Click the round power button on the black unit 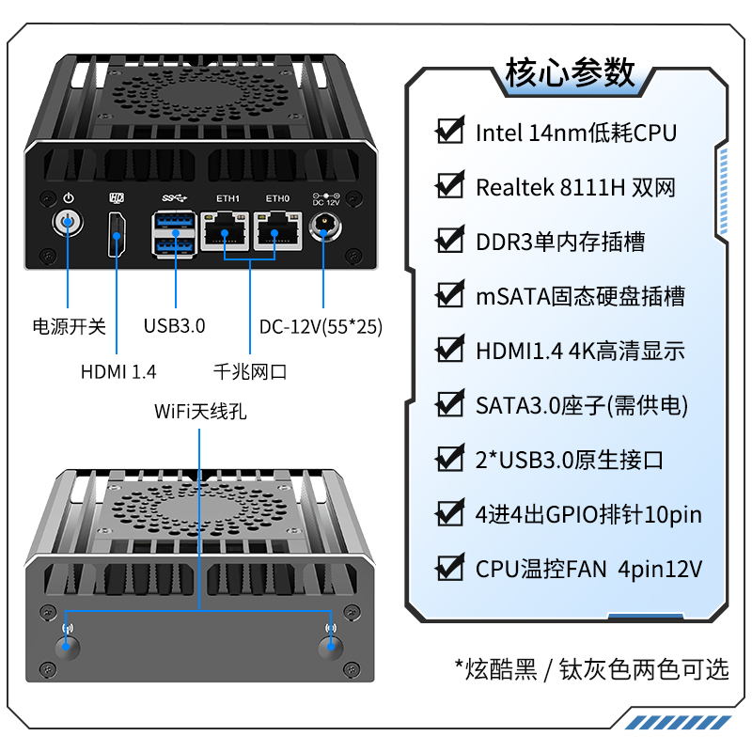(x=68, y=223)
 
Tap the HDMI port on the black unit (x=117, y=235)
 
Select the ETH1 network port (x=225, y=231)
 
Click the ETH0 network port (x=277, y=231)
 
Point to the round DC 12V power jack (x=325, y=227)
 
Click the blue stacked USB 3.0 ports (x=174, y=234)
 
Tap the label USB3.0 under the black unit (x=174, y=326)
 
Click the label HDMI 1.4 (x=118, y=371)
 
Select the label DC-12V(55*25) (x=321, y=327)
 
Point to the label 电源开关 (x=69, y=326)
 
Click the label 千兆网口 (x=250, y=371)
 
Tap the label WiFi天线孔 (x=200, y=412)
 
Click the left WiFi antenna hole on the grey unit (x=67, y=647)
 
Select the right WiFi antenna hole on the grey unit (x=331, y=647)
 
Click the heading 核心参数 (x=570, y=73)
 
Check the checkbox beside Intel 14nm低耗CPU (x=450, y=130)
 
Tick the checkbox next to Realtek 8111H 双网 (x=450, y=184)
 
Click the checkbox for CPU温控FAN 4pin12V (x=450, y=567)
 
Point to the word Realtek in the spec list (x=514, y=187)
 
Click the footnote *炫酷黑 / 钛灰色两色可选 (x=592, y=669)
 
